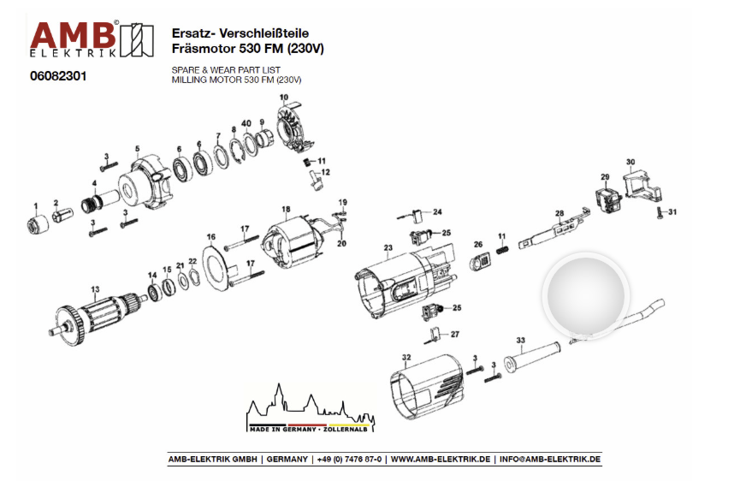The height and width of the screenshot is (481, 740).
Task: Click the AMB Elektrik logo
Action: pyautogui.click(x=85, y=40)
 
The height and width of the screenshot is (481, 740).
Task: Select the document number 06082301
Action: pyautogui.click(x=58, y=76)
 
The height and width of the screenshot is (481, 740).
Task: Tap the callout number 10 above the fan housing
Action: pyautogui.click(x=284, y=98)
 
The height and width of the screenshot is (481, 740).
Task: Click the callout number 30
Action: pyautogui.click(x=630, y=162)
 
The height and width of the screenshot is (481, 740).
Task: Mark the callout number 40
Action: pyautogui.click(x=246, y=123)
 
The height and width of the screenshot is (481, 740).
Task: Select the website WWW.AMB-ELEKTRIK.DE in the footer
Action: pyautogui.click(x=441, y=459)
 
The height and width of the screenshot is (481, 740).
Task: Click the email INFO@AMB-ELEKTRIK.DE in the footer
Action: pyautogui.click(x=549, y=459)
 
